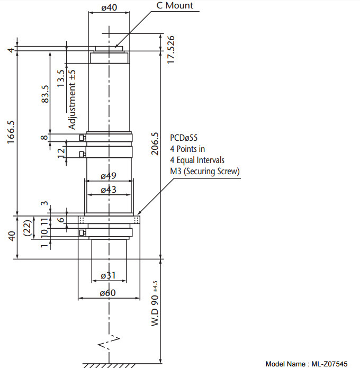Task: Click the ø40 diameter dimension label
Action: [109, 7]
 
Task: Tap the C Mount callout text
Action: [175, 5]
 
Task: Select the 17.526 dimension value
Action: [171, 50]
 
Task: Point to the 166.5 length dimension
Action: [11, 132]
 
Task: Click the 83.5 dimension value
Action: [45, 94]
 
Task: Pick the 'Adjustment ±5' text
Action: [72, 100]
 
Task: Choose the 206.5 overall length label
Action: [155, 143]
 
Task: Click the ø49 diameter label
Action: [109, 176]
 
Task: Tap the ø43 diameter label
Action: [109, 190]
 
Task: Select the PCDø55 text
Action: [184, 138]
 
